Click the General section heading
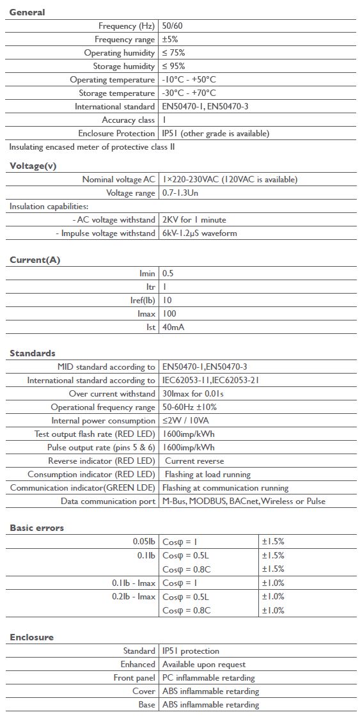27,12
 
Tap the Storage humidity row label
124,67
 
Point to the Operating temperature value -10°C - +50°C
189,80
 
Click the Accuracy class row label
128,120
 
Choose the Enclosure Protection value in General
215,134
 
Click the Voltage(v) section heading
33,166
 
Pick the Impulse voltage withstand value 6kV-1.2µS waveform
200,233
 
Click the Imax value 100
169,314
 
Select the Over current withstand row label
112,394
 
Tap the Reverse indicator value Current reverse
194,461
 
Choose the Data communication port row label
108,502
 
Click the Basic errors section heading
36,528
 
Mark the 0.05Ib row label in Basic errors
141,542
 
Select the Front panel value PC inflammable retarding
208,678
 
